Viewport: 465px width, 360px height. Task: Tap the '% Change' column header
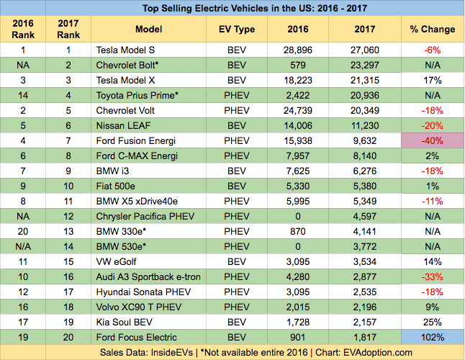(x=432, y=30)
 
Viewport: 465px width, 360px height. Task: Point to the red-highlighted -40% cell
(x=432, y=141)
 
